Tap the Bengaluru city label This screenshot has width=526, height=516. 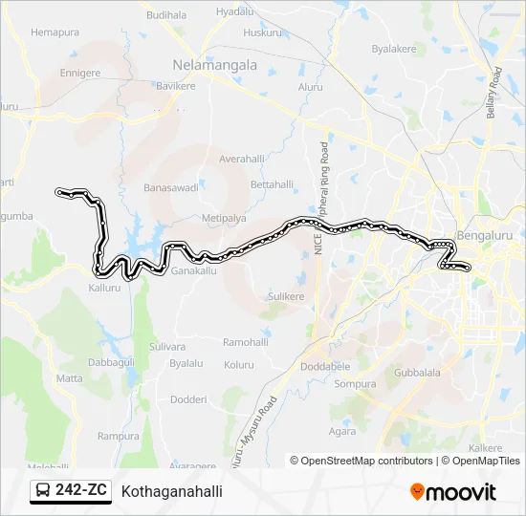(486, 235)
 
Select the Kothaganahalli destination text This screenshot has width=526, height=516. (172, 491)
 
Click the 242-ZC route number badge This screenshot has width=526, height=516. (70, 491)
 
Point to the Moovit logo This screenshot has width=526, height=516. (453, 491)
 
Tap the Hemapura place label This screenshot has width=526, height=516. (55, 32)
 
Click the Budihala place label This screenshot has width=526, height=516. (167, 15)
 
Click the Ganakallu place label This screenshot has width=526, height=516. (195, 270)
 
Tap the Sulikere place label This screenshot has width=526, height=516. (285, 297)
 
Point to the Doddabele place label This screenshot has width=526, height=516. (325, 367)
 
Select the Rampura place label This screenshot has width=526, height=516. (119, 435)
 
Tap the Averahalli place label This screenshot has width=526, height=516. (241, 159)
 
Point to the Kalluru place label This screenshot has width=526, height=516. (105, 287)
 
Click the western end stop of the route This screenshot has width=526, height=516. (60, 192)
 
